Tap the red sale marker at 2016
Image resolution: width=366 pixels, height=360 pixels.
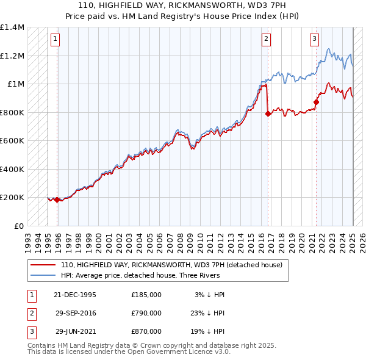(x=268, y=113)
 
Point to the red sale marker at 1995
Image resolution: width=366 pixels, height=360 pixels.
(x=57, y=200)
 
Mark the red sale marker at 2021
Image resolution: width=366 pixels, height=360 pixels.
(x=317, y=102)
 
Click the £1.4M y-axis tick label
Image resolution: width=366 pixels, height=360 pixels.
(x=12, y=27)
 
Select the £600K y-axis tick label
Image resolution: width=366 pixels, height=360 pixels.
(x=12, y=140)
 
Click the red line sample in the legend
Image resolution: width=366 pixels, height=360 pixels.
(x=43, y=265)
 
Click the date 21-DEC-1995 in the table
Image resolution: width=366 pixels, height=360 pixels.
(x=75, y=294)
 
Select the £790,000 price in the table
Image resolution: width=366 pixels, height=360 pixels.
(x=146, y=313)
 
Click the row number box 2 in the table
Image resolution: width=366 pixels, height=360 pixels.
(x=31, y=313)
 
